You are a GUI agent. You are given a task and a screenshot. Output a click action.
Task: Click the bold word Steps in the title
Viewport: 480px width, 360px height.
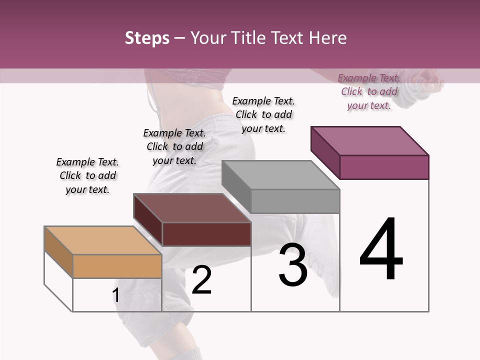pyautogui.click(x=147, y=38)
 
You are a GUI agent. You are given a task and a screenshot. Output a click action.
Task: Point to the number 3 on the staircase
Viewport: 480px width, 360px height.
pyautogui.click(x=293, y=265)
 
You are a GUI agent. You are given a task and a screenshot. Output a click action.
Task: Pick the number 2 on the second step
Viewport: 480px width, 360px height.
pyautogui.click(x=201, y=280)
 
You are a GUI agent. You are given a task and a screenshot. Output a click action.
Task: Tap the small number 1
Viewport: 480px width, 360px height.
pyautogui.click(x=116, y=295)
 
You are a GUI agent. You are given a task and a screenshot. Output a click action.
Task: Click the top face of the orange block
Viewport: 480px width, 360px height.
pyautogui.click(x=102, y=240)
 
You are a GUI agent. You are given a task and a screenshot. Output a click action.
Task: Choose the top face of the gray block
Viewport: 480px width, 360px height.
pyautogui.click(x=280, y=175)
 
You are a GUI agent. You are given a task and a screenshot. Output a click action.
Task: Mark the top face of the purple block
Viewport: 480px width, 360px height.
pyautogui.click(x=369, y=141)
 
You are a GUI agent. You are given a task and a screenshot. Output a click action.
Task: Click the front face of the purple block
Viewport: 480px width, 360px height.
pyautogui.click(x=384, y=167)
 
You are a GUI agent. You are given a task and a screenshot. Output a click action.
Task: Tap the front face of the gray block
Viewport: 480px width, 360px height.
pyautogui.click(x=295, y=201)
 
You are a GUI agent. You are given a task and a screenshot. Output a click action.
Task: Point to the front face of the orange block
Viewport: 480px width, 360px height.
pyautogui.click(x=117, y=266)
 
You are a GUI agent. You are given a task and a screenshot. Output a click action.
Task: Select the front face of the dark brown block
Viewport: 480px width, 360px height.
pyautogui.click(x=206, y=234)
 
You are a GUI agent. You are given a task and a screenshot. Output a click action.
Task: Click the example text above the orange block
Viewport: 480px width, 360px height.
pyautogui.click(x=87, y=176)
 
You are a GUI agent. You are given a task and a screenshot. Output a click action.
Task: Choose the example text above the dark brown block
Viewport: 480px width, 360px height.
pyautogui.click(x=174, y=147)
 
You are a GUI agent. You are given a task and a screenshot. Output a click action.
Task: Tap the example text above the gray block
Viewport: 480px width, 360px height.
pyautogui.click(x=263, y=114)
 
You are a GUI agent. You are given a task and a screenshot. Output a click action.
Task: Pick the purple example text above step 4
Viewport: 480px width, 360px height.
pyautogui.click(x=369, y=91)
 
